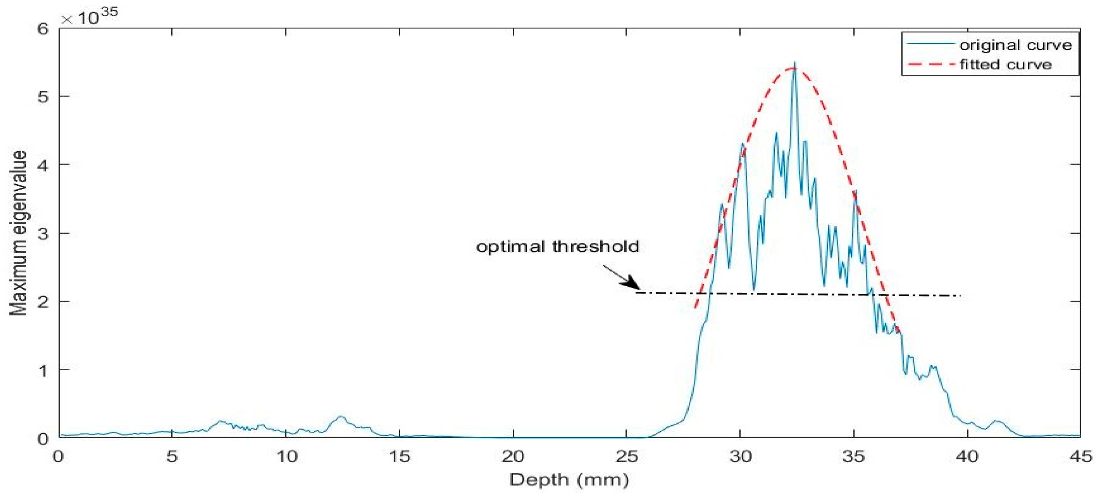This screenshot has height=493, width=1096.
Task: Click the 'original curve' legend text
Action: [1015, 46]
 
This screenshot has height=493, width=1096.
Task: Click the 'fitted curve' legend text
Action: [1005, 65]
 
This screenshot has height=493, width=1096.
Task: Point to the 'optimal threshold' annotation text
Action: [558, 247]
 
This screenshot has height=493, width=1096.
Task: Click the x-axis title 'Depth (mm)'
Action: [569, 480]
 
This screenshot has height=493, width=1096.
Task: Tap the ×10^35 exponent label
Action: [89, 17]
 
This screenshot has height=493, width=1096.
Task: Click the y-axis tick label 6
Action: [44, 29]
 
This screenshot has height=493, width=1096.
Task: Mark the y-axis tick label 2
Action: [44, 301]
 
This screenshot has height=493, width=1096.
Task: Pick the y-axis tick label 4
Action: [44, 165]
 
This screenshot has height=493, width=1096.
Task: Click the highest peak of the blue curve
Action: [794, 63]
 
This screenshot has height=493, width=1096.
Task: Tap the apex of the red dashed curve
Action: [792, 69]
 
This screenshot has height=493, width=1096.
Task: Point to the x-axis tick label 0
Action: [58, 456]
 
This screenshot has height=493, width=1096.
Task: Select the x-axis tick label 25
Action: [626, 456]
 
